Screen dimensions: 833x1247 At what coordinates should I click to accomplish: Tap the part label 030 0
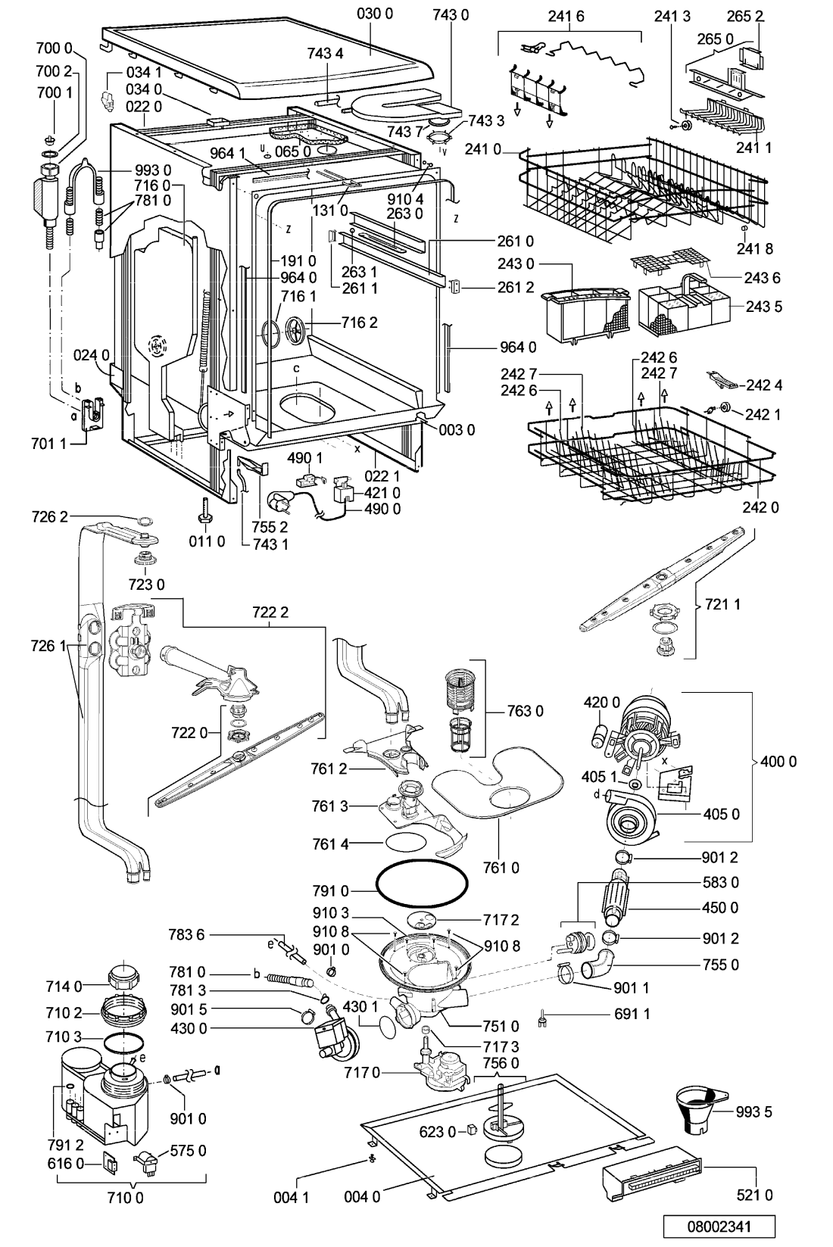coord(374,14)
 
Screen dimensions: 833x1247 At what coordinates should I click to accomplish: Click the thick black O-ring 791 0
coord(422,882)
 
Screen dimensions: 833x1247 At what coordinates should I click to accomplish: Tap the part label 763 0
coord(525,711)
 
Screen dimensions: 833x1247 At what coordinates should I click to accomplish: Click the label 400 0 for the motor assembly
coord(778,761)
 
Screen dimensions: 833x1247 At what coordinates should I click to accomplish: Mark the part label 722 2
coord(270,612)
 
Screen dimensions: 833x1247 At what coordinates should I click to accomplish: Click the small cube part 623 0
coord(473,1130)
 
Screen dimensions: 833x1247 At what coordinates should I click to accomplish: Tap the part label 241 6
coord(566,16)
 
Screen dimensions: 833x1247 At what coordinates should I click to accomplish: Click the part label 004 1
coord(292,1197)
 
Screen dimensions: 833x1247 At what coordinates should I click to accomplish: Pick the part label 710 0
coord(126,1197)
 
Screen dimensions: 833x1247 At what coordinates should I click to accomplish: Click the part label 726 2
coord(49,516)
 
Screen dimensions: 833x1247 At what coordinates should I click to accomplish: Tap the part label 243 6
coord(763,277)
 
